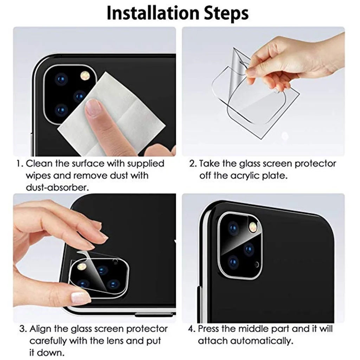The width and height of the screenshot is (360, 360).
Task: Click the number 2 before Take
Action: tap(192, 164)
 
